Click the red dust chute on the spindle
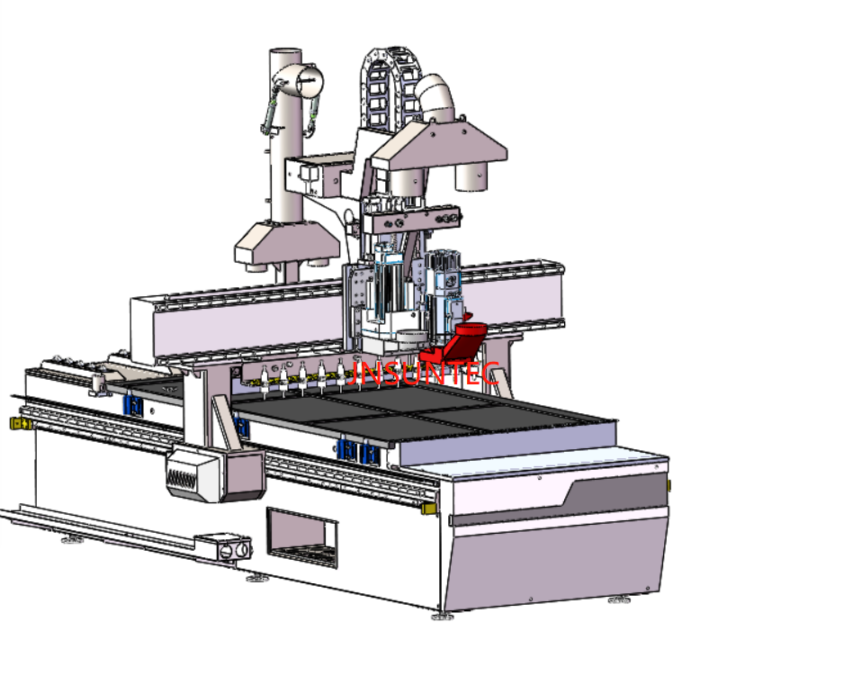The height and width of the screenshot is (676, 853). pyautogui.click(x=456, y=343)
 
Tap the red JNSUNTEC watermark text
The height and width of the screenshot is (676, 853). pyautogui.click(x=423, y=374)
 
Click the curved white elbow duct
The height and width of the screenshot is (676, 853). pyautogui.click(x=435, y=98)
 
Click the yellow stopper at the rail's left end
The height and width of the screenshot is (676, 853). pyautogui.click(x=21, y=423)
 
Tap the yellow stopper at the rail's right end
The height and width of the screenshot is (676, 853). pyautogui.click(x=428, y=509)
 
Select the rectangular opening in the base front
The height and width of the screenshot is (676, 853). pyautogui.click(x=301, y=537)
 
